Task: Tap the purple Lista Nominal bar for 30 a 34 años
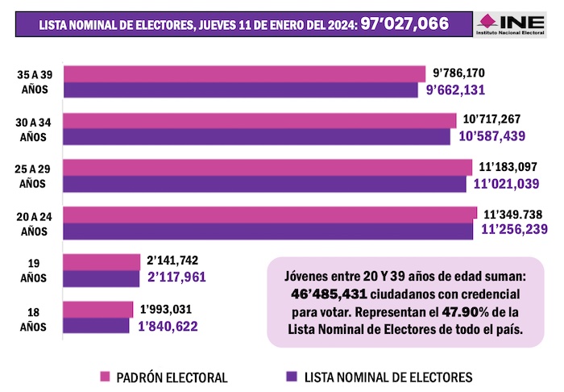[256, 136]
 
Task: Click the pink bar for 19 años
[102, 261]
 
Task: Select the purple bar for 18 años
[96, 325]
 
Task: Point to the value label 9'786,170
[458, 73]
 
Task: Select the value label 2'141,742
[172, 260]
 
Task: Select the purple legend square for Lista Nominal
[292, 377]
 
